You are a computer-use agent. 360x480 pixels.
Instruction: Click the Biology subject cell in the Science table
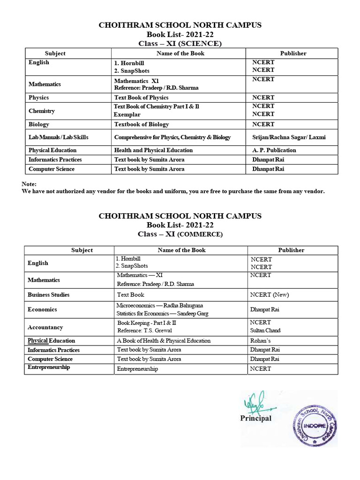click(39, 124)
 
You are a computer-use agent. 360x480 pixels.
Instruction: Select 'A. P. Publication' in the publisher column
click(274, 150)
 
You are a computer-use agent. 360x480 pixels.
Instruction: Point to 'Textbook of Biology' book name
click(142, 124)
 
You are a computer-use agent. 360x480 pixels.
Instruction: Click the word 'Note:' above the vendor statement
click(29, 184)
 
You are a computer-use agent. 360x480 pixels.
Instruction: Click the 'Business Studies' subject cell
click(48, 294)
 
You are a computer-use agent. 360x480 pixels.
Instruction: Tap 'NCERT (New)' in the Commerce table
click(270, 294)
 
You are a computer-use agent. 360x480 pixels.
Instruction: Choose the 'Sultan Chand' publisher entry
click(265, 330)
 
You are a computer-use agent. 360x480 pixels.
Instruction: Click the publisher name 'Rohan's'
click(261, 341)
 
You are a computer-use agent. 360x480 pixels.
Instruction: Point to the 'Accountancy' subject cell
click(45, 327)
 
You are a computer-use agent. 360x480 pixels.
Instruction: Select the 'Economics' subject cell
click(42, 309)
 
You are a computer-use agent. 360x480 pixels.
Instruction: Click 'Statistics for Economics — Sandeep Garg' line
click(163, 313)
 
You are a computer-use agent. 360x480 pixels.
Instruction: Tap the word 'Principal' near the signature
click(255, 418)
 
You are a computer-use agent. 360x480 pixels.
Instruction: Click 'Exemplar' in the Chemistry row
click(127, 114)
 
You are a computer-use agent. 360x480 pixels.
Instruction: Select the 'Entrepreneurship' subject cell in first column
click(49, 367)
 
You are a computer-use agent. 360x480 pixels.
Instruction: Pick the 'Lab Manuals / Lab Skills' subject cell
click(59, 137)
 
